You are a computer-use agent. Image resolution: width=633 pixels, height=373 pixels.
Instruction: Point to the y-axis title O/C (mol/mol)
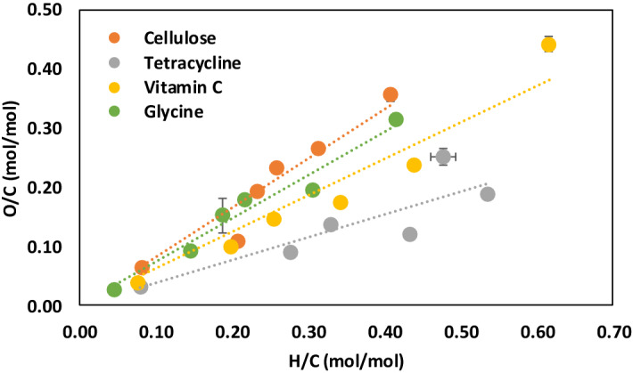[14, 158]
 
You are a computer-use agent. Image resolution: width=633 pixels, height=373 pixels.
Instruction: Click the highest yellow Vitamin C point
[548, 45]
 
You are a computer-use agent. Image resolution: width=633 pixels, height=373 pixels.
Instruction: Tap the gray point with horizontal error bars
[443, 157]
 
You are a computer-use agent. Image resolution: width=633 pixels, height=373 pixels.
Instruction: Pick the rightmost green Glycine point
[396, 119]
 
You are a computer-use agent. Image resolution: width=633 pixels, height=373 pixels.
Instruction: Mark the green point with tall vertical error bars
[223, 215]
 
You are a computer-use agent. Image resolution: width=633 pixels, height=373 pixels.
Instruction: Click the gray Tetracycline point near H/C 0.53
[488, 194]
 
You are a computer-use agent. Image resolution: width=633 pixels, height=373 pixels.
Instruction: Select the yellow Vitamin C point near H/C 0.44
[414, 165]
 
